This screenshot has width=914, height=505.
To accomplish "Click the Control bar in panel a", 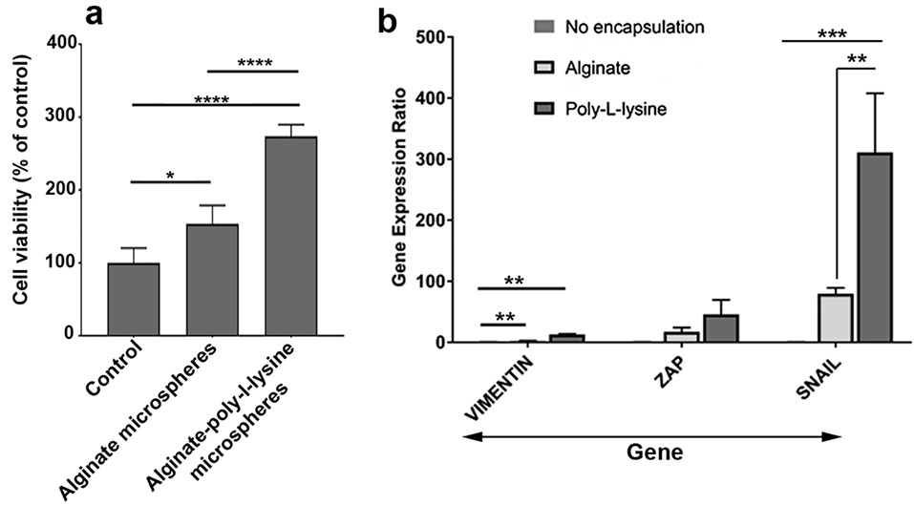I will click(x=133, y=299).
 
